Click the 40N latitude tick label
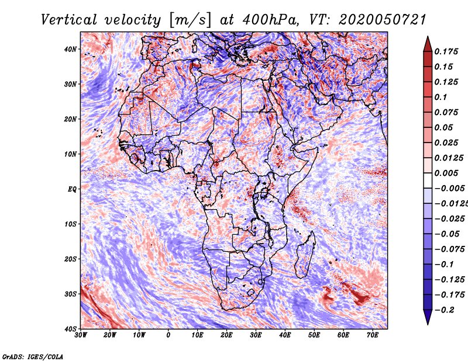click(70, 49)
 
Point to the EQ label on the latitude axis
click(71, 189)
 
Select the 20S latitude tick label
click(70, 259)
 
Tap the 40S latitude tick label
click(70, 329)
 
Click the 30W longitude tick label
click(81, 335)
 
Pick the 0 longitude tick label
click(168, 335)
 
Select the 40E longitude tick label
click(285, 335)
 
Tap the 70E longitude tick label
click(373, 335)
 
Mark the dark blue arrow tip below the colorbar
click(428, 318)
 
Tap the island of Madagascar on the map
click(303, 255)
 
